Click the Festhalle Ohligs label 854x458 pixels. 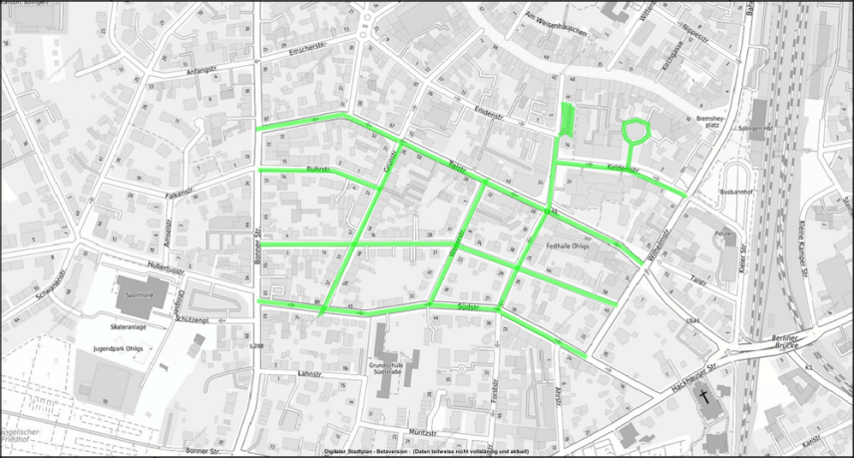point(569,245)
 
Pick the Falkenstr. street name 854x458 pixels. point(179,190)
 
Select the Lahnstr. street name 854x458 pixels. point(313,372)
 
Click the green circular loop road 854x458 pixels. point(635,130)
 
